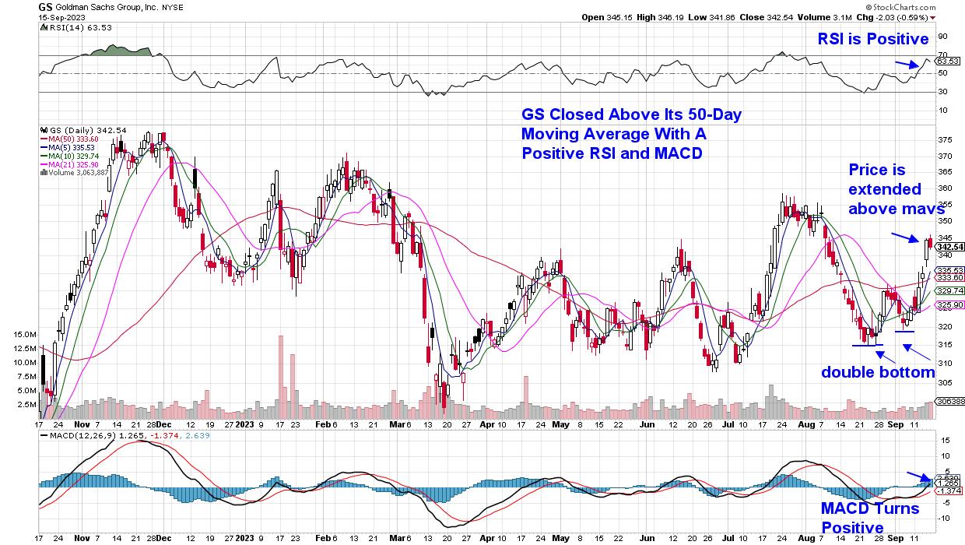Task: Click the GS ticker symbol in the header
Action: coord(45,5)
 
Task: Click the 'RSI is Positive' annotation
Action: coord(872,39)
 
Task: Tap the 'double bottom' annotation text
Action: coord(878,372)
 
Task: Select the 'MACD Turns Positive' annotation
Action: coord(870,519)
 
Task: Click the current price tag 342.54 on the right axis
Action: coord(950,247)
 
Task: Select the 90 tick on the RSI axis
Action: coord(942,36)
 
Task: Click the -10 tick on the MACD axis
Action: coord(942,519)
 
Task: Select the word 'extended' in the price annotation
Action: coord(884,189)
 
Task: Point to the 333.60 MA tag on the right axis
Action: coord(950,277)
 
